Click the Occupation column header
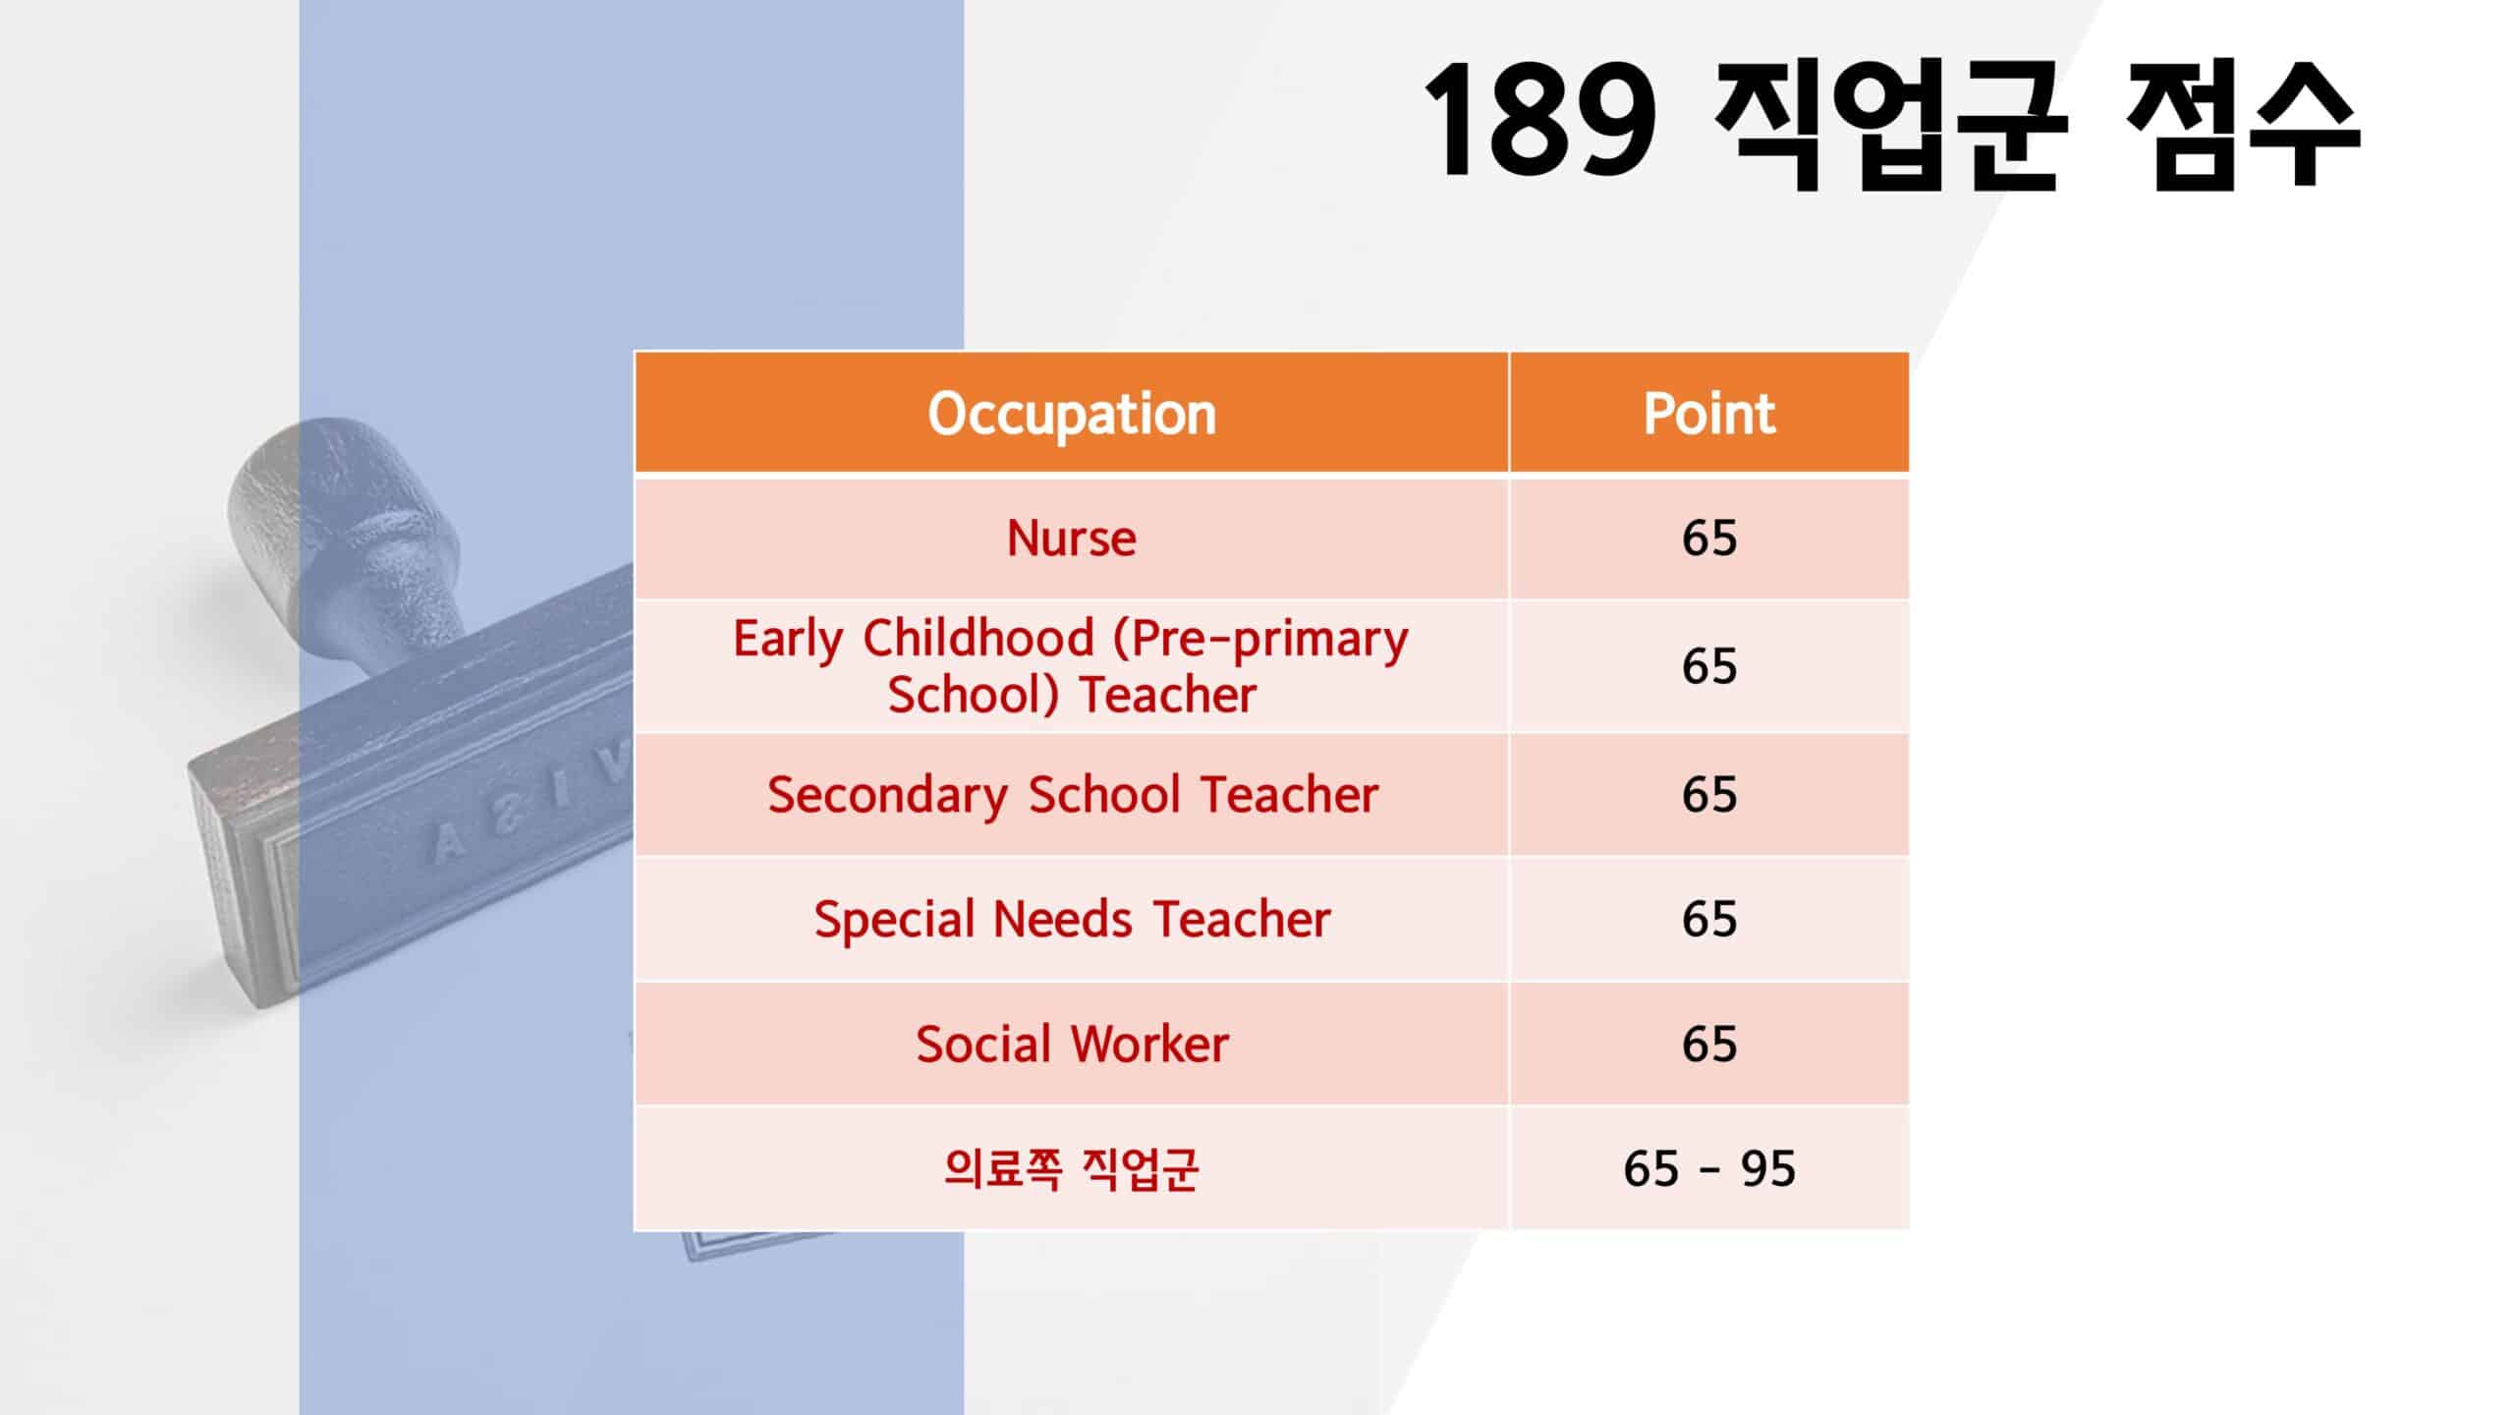click(x=1072, y=414)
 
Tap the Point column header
click(x=1709, y=414)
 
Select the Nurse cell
click(x=1072, y=538)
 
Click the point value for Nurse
click(x=1709, y=538)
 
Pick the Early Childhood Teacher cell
click(x=1072, y=666)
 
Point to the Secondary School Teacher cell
click(x=1072, y=794)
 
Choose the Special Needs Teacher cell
click(x=1072, y=919)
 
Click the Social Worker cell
click(x=1072, y=1044)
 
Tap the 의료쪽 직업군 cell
click(x=1072, y=1168)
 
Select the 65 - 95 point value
click(x=1709, y=1168)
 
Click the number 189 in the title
click(x=1540, y=120)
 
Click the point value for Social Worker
click(x=1709, y=1044)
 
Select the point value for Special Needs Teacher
click(x=1709, y=919)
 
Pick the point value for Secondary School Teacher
click(x=1709, y=794)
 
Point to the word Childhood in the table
click(x=978, y=638)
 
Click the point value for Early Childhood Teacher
click(x=1709, y=666)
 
